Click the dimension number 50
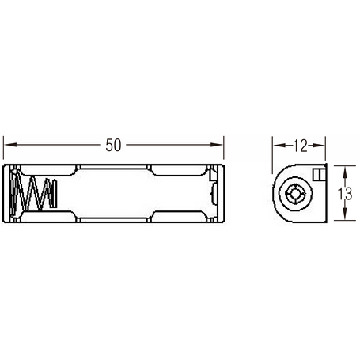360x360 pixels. pyautogui.click(x=113, y=145)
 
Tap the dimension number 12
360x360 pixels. pyautogui.click(x=301, y=146)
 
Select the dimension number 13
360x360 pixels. pyautogui.click(x=345, y=193)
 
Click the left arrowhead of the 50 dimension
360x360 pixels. pyautogui.click(x=11, y=145)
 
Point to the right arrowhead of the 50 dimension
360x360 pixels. pyautogui.click(x=216, y=145)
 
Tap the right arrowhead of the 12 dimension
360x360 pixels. pyautogui.click(x=318, y=145)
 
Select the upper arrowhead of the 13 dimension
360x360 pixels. pyautogui.click(x=344, y=172)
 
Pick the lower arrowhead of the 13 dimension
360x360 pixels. pyautogui.click(x=344, y=214)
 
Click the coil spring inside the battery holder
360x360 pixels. pyautogui.click(x=33, y=193)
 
